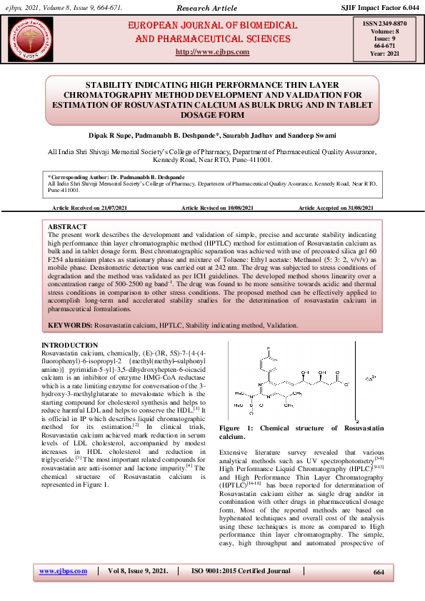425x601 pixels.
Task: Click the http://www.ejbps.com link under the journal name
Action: (x=212, y=52)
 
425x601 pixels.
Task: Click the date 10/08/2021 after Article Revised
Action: (x=240, y=207)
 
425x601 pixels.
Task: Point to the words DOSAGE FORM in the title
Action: (x=212, y=114)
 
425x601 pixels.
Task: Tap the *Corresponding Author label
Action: (x=73, y=176)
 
